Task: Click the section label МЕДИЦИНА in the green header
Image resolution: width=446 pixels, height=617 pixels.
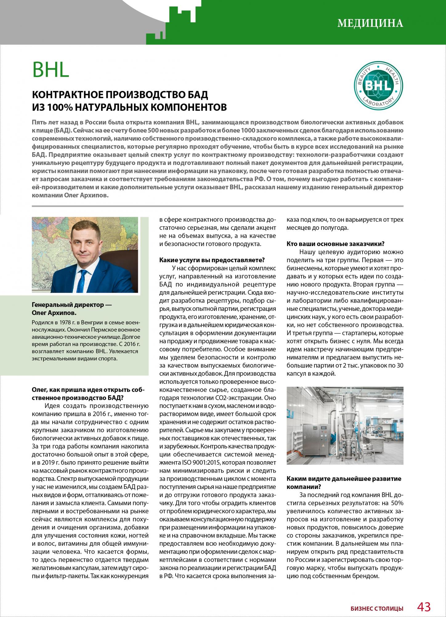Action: [370, 23]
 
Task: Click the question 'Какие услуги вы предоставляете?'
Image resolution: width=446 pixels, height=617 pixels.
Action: [212, 260]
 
